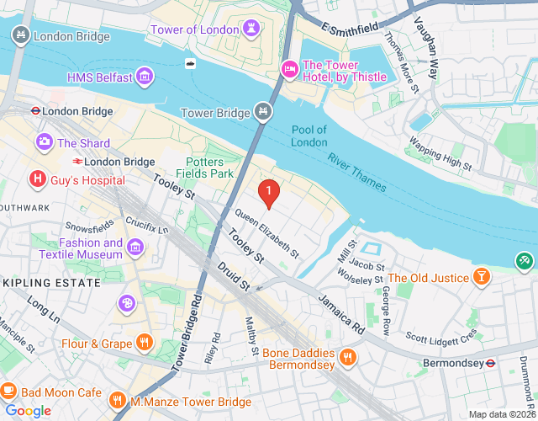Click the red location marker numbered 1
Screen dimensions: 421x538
[268, 193]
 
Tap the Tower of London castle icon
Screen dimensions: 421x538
[250, 30]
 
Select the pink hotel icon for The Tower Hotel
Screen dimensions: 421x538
[289, 67]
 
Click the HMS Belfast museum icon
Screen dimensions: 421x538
[145, 77]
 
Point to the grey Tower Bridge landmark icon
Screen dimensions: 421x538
[263, 112]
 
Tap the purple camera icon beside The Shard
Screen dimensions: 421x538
[44, 143]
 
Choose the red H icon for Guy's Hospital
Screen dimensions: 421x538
[37, 179]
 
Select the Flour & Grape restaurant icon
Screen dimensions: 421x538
[145, 343]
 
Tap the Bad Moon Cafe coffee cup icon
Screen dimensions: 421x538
[8, 392]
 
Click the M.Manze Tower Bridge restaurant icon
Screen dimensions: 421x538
[119, 402]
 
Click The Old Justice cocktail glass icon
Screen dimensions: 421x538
[482, 277]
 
